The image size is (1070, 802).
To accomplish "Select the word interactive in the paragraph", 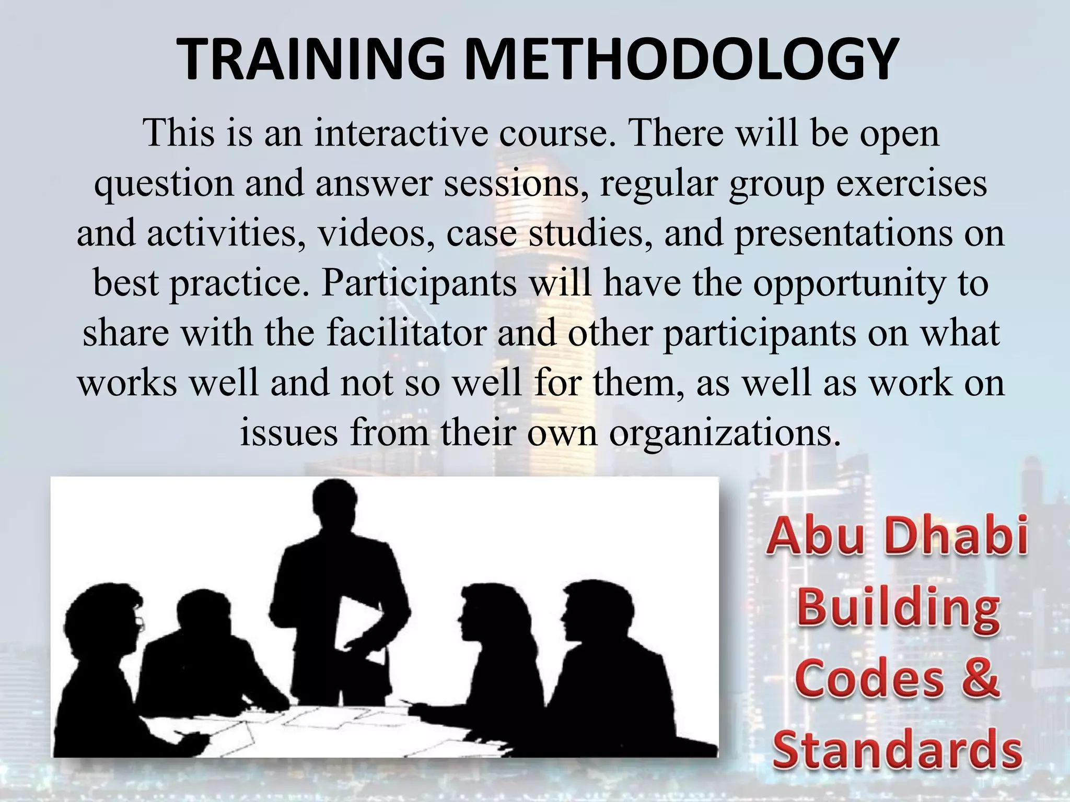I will coord(400,133).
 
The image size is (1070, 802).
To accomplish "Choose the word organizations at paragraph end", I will coord(724,433).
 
